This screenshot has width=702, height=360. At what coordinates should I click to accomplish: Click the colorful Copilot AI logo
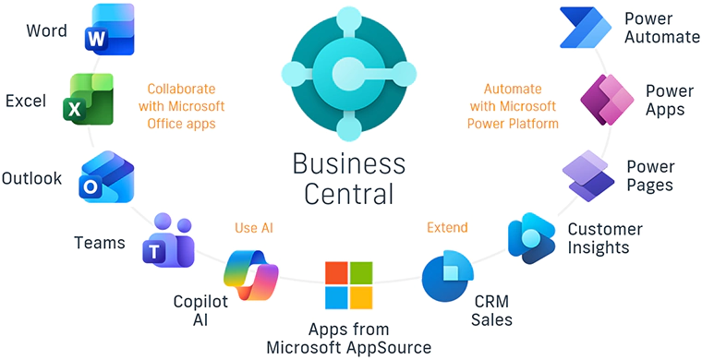pyautogui.click(x=251, y=275)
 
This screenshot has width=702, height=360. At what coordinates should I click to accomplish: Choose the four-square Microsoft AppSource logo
pyautogui.click(x=348, y=285)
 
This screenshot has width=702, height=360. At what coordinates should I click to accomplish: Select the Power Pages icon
pyautogui.click(x=589, y=175)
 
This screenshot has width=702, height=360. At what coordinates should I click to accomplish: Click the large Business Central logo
pyautogui.click(x=348, y=73)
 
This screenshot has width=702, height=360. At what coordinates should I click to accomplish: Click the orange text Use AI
pyautogui.click(x=254, y=227)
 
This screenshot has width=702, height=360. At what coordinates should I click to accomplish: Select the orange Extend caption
pyautogui.click(x=447, y=227)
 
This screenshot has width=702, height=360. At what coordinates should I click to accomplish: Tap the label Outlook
pyautogui.click(x=32, y=178)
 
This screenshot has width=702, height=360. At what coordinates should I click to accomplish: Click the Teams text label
pyautogui.click(x=99, y=244)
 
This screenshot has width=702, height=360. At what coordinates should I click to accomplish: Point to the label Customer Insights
pyautogui.click(x=604, y=238)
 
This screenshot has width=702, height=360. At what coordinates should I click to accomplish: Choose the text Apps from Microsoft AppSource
pyautogui.click(x=348, y=338)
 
